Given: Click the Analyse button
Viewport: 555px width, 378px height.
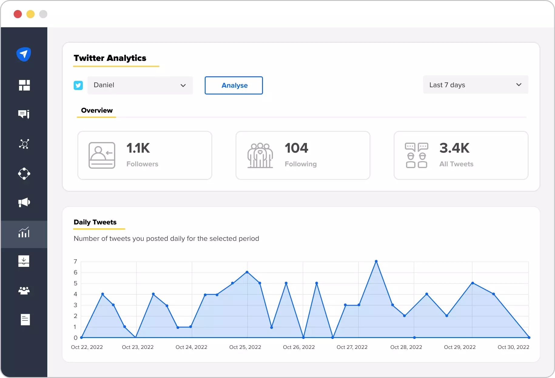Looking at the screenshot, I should point(234,85).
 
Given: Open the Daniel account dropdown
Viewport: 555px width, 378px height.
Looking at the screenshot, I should point(140,85).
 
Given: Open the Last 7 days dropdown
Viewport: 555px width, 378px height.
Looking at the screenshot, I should point(475,85).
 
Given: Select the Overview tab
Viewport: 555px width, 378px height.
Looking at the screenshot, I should point(97,111).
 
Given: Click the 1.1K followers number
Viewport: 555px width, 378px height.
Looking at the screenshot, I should point(138,148).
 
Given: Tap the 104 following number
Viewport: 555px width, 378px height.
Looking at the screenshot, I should point(296,148).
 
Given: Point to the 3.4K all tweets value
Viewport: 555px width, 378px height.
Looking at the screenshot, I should point(454,148).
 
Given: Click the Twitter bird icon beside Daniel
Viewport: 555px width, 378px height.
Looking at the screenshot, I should point(78,85).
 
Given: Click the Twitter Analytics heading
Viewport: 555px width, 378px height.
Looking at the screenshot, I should point(110,58).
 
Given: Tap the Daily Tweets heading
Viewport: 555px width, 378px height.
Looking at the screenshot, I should point(95,222).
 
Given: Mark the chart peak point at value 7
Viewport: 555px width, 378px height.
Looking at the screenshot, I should point(376,261).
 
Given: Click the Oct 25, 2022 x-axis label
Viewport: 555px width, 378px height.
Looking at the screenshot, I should point(245,347).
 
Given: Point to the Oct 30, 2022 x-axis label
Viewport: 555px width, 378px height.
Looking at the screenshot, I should point(513,347).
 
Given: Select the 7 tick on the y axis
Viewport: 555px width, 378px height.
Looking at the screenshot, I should point(75,261).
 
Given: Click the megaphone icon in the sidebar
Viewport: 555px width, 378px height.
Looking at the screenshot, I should point(24,202).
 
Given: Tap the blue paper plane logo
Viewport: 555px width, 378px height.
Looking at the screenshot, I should point(24,54).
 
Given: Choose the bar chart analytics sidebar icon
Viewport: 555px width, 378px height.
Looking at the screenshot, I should point(24,233).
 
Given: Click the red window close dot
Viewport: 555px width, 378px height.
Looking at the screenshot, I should point(18,14).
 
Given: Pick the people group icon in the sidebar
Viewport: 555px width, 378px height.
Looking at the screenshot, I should point(24,290).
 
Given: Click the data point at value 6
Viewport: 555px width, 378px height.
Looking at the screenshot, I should point(247,272).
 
